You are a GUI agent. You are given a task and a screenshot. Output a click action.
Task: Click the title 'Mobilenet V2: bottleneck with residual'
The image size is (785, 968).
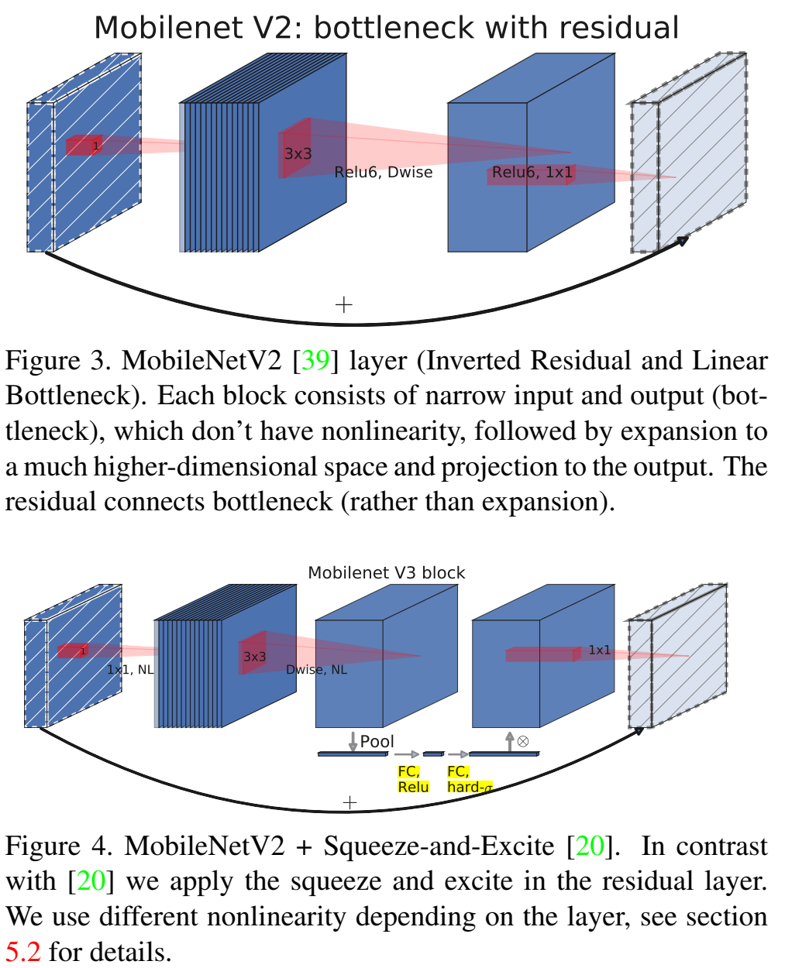coord(386,28)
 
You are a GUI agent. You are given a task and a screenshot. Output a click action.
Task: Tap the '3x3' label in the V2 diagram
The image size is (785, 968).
coord(298,153)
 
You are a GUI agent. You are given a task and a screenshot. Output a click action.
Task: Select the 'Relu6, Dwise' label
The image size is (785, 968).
coord(384,172)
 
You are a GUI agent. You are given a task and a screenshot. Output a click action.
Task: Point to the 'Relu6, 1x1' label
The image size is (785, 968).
coord(532,172)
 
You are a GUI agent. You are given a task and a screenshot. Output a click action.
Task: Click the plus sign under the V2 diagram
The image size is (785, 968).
coord(343,304)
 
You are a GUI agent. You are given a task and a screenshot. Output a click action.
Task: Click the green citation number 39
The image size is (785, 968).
coord(315,361)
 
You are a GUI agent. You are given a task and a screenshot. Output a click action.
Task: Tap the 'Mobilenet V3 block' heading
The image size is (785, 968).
coord(386,573)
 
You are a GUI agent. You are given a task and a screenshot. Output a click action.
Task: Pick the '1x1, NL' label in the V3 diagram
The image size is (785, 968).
coord(130,669)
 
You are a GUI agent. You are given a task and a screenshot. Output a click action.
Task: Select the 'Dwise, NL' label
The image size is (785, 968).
coord(316,669)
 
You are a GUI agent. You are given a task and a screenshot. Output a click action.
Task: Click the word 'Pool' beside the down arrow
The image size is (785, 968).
coord(377,741)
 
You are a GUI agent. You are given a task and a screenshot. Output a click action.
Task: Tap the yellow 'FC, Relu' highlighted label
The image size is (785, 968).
coord(412,779)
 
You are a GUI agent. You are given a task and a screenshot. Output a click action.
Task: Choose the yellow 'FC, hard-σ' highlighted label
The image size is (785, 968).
coord(469,779)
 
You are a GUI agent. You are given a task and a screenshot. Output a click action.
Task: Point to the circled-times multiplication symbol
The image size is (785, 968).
coord(523,741)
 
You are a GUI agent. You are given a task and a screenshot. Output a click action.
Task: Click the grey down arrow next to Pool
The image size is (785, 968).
coord(353,741)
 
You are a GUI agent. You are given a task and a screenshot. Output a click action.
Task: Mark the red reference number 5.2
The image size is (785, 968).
coord(22,951)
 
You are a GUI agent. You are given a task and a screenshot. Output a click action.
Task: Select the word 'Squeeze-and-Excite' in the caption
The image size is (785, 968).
coord(438,846)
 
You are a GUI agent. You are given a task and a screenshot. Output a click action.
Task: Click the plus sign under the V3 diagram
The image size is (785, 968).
coord(349,802)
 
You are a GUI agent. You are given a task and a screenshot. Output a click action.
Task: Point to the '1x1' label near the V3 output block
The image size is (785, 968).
coord(599,650)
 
